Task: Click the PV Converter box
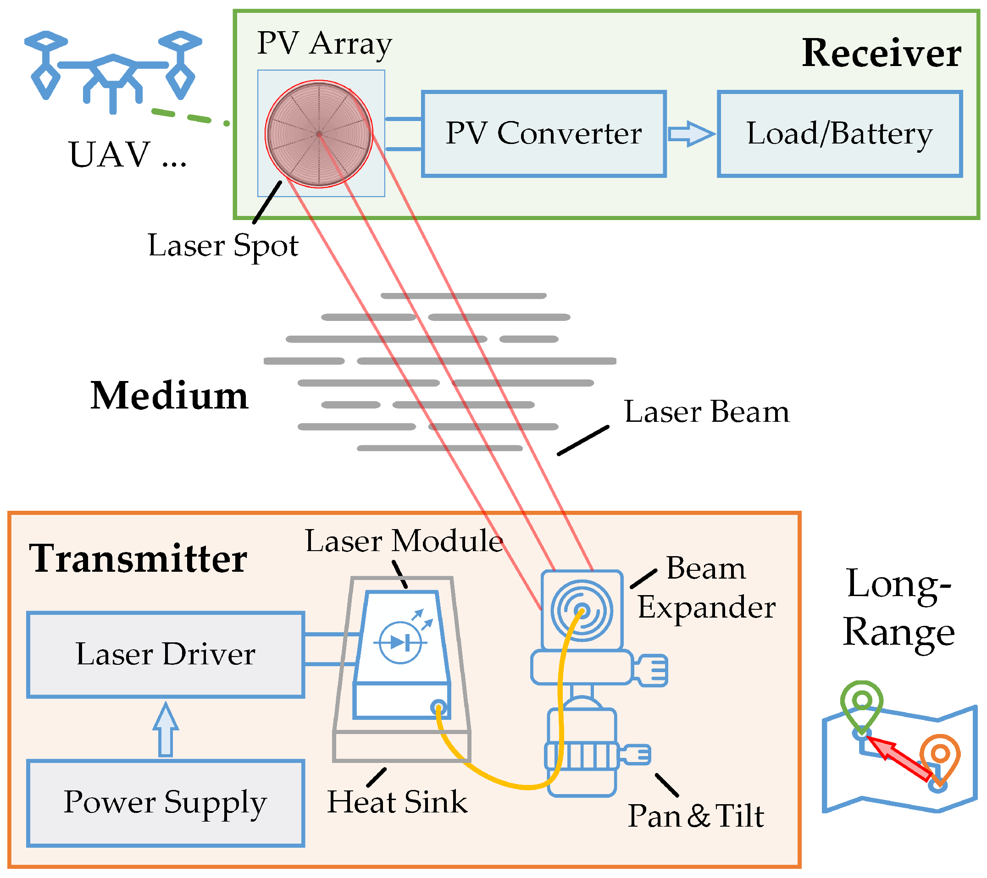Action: pos(543,134)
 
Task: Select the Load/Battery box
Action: pos(839,134)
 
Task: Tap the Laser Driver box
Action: pos(166,655)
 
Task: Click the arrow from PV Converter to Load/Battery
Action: pos(691,134)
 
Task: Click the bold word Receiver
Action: pos(881,53)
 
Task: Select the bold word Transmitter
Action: pos(138,558)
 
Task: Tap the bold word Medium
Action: pos(169,396)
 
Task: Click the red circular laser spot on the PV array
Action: pos(319,134)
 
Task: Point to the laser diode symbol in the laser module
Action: pos(400,642)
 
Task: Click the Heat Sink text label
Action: pos(397,802)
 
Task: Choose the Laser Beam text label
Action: pos(706,412)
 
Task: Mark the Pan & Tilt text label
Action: pos(695,816)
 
